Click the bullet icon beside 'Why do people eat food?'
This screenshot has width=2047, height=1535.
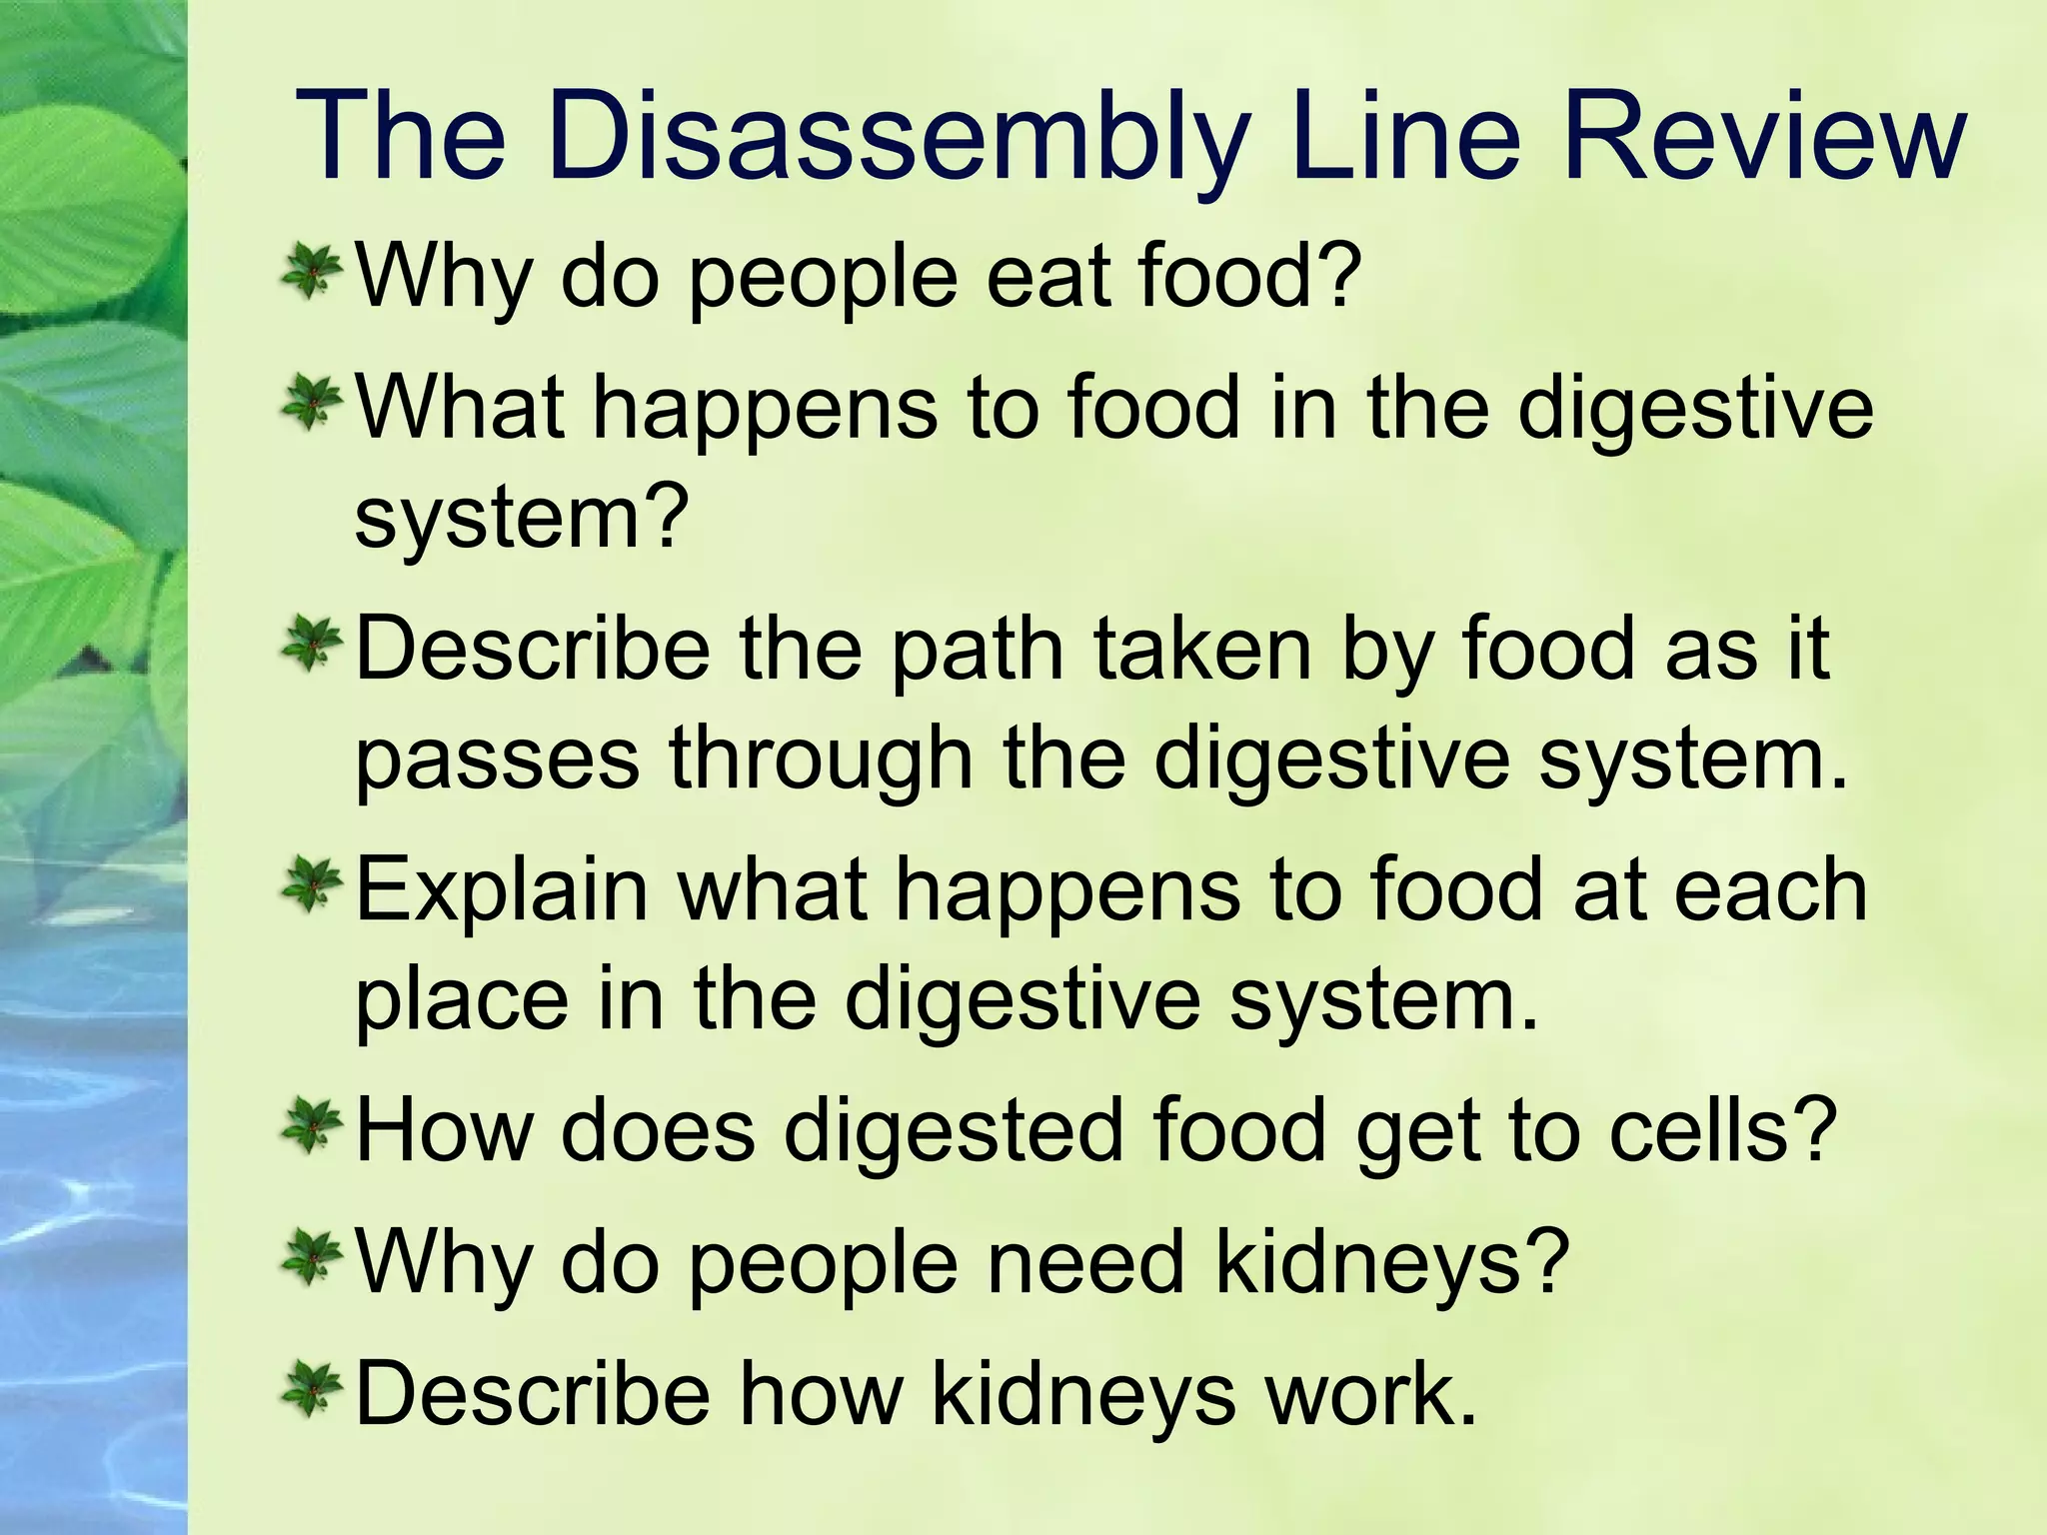(312, 272)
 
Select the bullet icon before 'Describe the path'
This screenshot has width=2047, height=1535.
(312, 646)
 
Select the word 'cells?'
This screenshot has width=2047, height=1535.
(1723, 1131)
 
